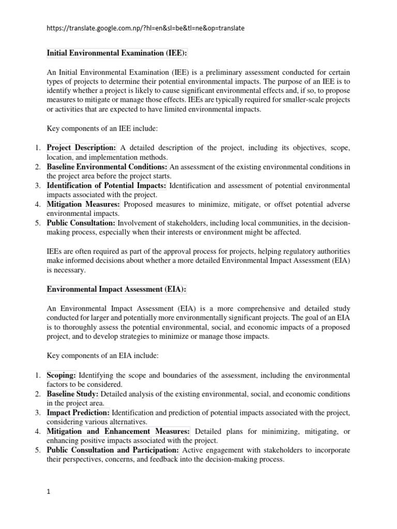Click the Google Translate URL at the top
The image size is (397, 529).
(146, 28)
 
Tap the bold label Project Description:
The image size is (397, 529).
(82, 148)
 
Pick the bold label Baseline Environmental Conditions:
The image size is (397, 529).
(107, 167)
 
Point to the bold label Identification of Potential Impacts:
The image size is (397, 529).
(106, 185)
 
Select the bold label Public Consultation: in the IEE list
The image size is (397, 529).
(81, 223)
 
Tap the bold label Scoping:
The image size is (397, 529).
(62, 375)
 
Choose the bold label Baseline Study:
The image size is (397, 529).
(72, 394)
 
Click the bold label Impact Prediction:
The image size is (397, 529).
(78, 413)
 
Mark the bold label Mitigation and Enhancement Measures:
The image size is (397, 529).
(118, 431)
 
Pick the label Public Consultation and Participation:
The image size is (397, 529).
(113, 450)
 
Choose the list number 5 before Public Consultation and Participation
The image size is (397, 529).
(37, 450)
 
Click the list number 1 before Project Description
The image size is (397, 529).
(37, 148)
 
